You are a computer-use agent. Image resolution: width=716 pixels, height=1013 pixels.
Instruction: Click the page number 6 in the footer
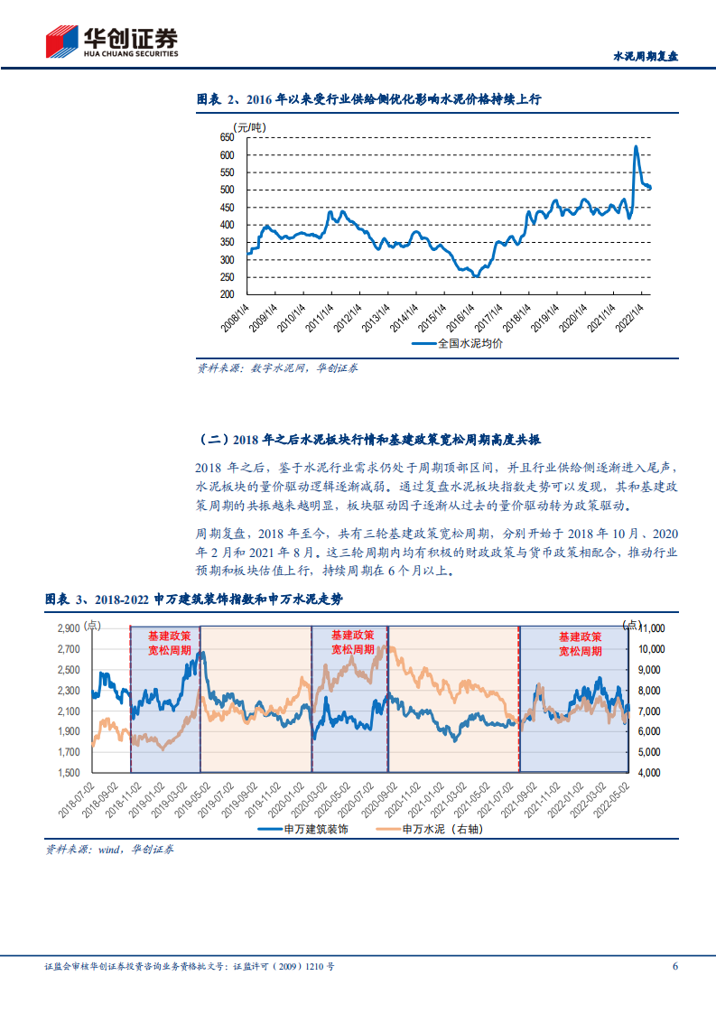pyautogui.click(x=674, y=966)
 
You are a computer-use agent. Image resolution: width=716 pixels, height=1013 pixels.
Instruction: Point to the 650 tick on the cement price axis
pyautogui.click(x=227, y=137)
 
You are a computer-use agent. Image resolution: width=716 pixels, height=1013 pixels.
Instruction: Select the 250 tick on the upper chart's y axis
pyautogui.click(x=227, y=276)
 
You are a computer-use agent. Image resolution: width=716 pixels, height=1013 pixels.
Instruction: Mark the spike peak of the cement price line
pyautogui.click(x=636, y=146)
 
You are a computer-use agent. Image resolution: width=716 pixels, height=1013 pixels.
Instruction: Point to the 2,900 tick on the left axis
pyautogui.click(x=69, y=627)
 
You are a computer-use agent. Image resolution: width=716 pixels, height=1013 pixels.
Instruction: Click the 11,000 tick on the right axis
pyautogui.click(x=650, y=627)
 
